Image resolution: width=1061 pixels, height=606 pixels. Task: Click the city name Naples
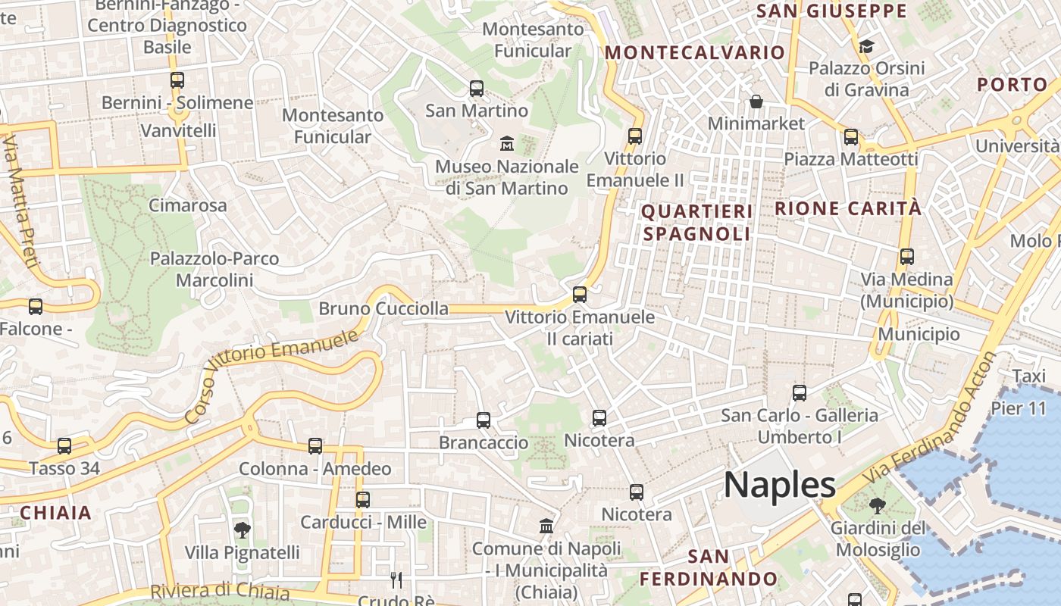pyautogui.click(x=779, y=485)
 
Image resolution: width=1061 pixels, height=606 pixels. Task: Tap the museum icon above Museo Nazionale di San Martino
pyautogui.click(x=507, y=142)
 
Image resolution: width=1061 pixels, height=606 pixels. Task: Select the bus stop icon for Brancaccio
pyautogui.click(x=484, y=420)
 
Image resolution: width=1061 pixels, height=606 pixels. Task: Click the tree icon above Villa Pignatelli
pyautogui.click(x=242, y=529)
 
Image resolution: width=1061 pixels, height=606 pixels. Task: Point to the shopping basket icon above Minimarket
pyautogui.click(x=756, y=101)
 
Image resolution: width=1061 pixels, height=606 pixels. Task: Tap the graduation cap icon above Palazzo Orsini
pyautogui.click(x=866, y=47)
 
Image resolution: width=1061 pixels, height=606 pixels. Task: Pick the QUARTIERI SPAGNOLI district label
pyautogui.click(x=697, y=223)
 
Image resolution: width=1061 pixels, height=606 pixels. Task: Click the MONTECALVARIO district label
pyautogui.click(x=694, y=52)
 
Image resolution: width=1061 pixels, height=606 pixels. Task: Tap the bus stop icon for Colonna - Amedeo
pyautogui.click(x=315, y=446)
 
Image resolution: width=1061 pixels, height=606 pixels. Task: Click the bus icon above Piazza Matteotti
pyautogui.click(x=851, y=137)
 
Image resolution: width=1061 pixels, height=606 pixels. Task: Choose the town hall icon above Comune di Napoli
pyautogui.click(x=546, y=526)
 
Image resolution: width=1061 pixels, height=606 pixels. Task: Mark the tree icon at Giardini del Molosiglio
pyautogui.click(x=877, y=505)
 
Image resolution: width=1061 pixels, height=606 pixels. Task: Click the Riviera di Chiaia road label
pyautogui.click(x=220, y=591)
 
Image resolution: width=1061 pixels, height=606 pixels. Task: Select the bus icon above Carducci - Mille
pyautogui.click(x=363, y=499)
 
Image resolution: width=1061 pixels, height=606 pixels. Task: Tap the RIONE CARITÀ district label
pyautogui.click(x=848, y=208)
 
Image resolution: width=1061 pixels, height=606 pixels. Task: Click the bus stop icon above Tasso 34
pyautogui.click(x=64, y=446)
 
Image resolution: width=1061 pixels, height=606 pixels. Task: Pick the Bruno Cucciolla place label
pyautogui.click(x=383, y=308)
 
